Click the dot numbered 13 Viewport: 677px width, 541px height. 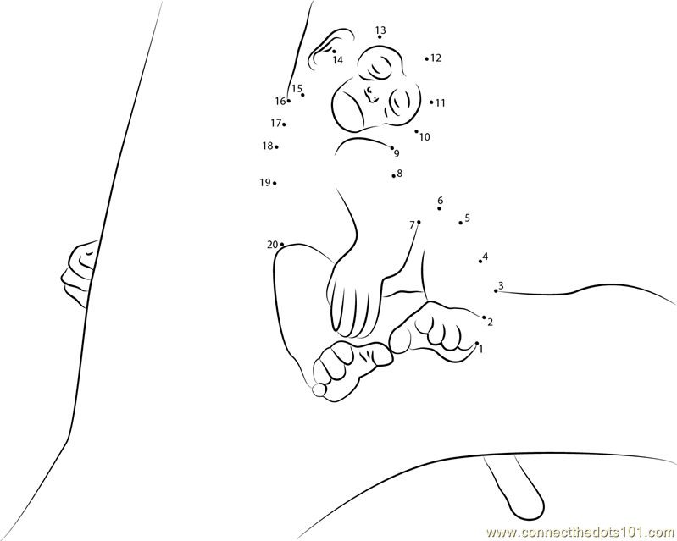click(380, 37)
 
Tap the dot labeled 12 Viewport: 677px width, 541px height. click(426, 59)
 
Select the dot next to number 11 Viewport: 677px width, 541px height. click(431, 102)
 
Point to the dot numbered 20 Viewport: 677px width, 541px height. click(282, 245)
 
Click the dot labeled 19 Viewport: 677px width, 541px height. click(275, 184)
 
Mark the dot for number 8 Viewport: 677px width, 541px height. click(394, 175)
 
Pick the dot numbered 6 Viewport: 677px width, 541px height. click(439, 209)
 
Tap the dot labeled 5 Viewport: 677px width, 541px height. click(461, 223)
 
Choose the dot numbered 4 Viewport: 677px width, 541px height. click(480, 262)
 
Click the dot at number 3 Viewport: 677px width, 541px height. click(496, 291)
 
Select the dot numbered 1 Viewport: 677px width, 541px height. click(477, 344)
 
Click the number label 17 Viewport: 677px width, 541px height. click(275, 124)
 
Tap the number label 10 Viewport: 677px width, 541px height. click(425, 137)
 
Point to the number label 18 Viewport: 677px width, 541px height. click(268, 146)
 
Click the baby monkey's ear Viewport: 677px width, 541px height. click(331, 49)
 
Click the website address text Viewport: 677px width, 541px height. click(580, 532)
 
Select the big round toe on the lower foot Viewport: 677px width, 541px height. click(319, 390)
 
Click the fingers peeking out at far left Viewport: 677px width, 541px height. click(79, 274)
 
